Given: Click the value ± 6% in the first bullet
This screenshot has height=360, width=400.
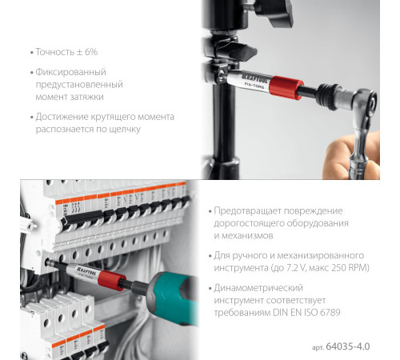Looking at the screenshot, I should [86, 52].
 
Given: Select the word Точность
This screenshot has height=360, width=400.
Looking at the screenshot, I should [55, 52].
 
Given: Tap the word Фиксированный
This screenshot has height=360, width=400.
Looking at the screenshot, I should [75, 72].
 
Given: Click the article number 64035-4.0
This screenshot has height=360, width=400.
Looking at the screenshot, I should [352, 347].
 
